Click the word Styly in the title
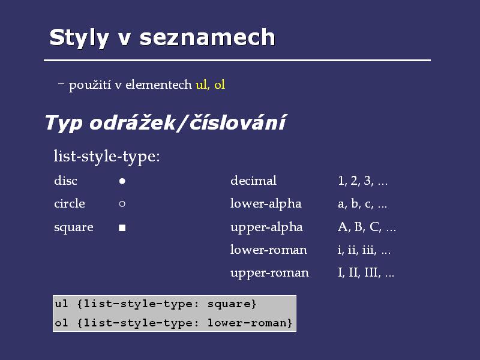(x=79, y=38)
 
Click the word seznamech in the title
(x=208, y=37)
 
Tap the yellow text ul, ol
(x=211, y=85)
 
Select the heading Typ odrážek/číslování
(x=166, y=123)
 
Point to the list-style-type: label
(x=107, y=157)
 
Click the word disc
(x=65, y=181)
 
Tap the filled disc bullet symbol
(x=122, y=181)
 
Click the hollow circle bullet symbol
(x=122, y=204)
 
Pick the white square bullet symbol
(x=122, y=227)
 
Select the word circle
(x=70, y=203)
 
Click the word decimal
(x=253, y=181)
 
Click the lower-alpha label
(x=266, y=204)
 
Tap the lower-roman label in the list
(x=268, y=250)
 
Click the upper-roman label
(x=269, y=273)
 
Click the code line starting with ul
(x=155, y=304)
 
